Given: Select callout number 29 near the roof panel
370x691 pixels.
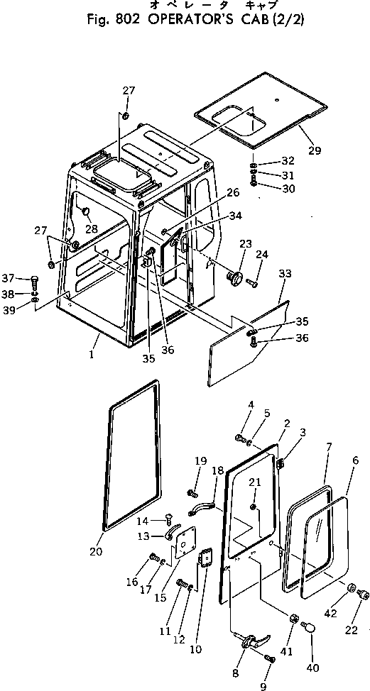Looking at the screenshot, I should (314, 150).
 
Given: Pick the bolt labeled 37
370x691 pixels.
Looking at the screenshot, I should (37, 278).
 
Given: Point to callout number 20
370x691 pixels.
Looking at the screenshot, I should (97, 552).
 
